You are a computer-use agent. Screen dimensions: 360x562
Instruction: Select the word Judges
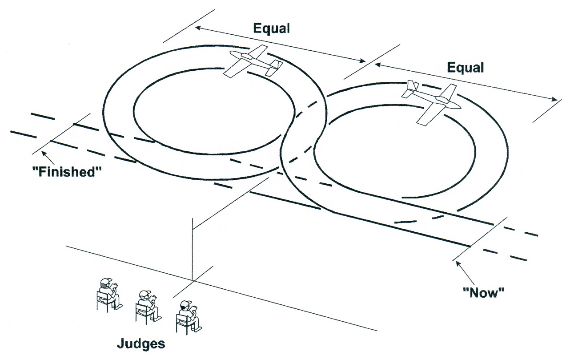click(141, 344)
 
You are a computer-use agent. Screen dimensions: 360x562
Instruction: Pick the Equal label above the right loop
click(465, 68)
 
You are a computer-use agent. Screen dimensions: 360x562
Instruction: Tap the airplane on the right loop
click(431, 102)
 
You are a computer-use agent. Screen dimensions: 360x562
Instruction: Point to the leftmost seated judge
click(108, 294)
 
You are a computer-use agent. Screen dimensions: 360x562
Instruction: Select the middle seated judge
click(146, 305)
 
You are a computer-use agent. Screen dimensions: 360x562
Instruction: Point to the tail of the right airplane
click(412, 89)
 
